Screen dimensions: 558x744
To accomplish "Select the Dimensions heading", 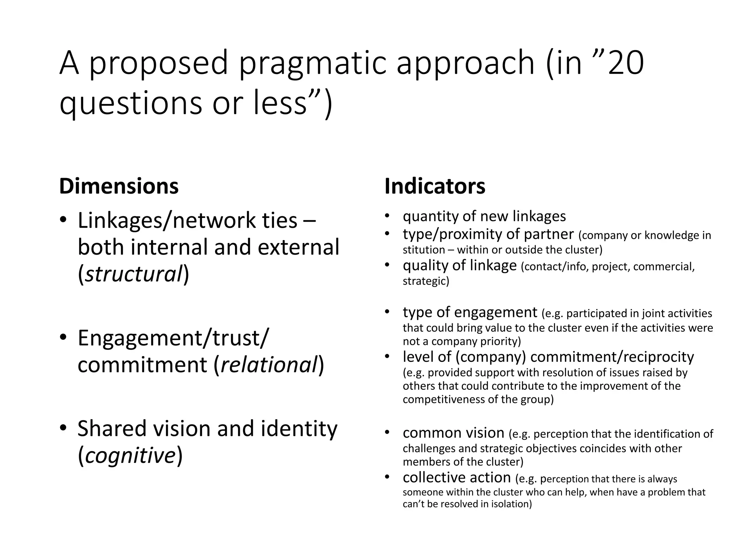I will click(119, 186).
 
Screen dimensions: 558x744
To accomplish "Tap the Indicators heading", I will click(435, 186).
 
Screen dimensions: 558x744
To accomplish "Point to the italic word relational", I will click(269, 365).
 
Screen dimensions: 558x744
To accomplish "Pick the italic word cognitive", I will click(130, 455).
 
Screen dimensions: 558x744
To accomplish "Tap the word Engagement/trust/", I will click(173, 338).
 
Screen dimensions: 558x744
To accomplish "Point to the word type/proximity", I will click(457, 235).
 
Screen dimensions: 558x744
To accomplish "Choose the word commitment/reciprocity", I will click(612, 357).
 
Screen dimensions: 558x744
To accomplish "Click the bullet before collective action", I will click(387, 477).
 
